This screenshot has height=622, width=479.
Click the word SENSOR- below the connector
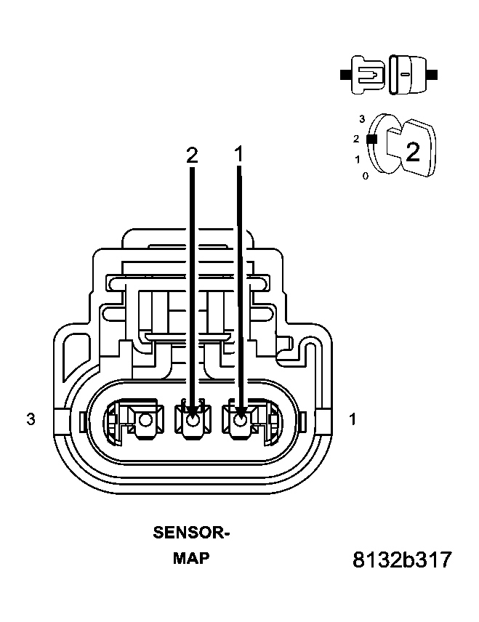click(x=191, y=533)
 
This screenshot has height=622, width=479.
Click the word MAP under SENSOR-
click(x=190, y=559)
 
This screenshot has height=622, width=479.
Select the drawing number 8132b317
click(x=402, y=560)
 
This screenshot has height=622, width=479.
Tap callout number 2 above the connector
click(x=192, y=155)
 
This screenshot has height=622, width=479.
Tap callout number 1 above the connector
click(x=238, y=155)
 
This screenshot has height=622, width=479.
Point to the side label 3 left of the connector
click(x=31, y=419)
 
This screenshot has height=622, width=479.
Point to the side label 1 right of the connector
click(x=353, y=419)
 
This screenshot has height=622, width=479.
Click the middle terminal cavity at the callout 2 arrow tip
click(x=193, y=420)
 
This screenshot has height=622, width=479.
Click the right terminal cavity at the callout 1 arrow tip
click(x=240, y=420)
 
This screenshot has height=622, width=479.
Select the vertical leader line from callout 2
click(x=193, y=291)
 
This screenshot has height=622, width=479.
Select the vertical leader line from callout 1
click(x=239, y=291)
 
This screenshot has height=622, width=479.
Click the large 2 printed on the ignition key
click(x=412, y=152)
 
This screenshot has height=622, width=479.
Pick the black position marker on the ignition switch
click(x=371, y=138)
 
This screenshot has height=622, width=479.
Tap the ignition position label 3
click(x=361, y=117)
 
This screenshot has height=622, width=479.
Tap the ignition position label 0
click(x=365, y=176)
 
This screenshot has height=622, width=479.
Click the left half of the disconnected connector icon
click(x=366, y=73)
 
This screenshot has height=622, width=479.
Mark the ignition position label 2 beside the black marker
click(x=356, y=138)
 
